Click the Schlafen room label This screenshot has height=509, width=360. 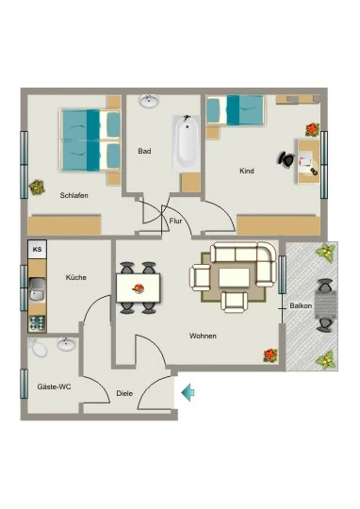point(74,195)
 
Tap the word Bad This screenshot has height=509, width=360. point(144,151)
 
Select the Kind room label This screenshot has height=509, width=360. point(247,171)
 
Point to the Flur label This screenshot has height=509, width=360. point(175,222)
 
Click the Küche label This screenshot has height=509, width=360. point(76,277)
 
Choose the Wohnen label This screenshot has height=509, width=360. point(203,336)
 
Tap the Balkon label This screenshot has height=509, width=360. point(301,305)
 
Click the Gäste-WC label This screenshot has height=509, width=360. point(54,386)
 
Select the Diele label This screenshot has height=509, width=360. point(124,393)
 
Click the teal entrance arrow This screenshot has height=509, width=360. point(188,392)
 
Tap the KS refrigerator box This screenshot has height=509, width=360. point(38,249)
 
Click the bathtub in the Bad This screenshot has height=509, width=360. point(187,143)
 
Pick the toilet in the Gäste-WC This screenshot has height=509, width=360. point(38,348)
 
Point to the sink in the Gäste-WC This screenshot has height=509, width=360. point(67,344)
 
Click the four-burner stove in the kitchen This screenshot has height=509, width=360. point(38,323)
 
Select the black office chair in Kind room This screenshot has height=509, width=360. point(286,159)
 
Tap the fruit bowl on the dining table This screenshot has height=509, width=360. point(139,288)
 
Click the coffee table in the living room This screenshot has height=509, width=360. point(234,277)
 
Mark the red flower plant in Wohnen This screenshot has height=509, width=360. point(270,355)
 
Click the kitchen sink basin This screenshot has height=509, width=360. point(38,289)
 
